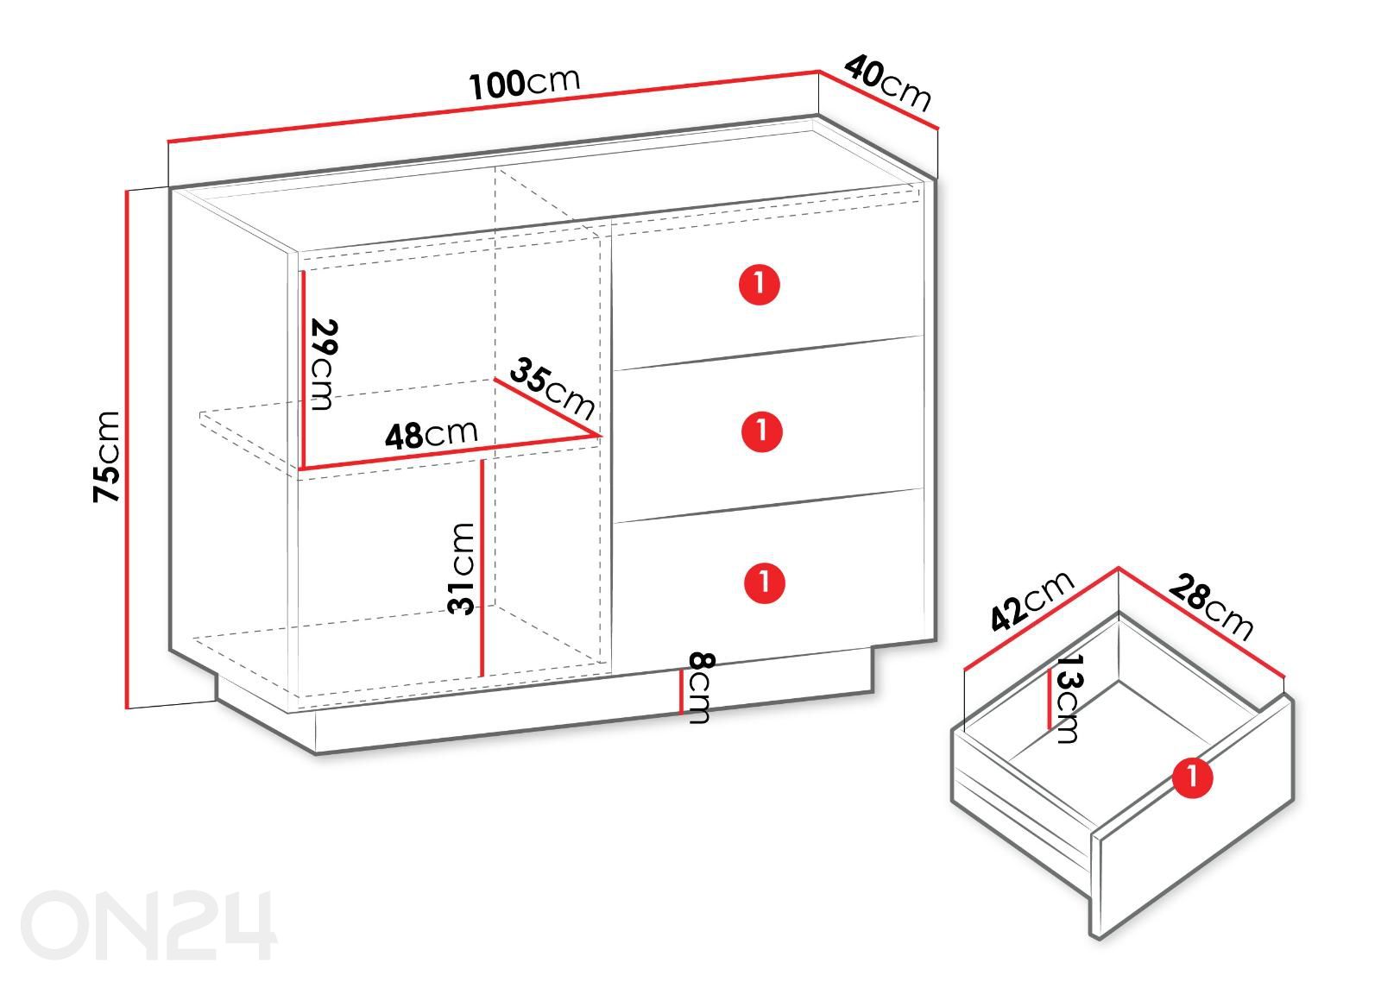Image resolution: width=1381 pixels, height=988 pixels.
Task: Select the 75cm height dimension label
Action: [x=106, y=456]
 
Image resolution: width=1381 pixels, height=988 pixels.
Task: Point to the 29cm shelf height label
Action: [x=323, y=363]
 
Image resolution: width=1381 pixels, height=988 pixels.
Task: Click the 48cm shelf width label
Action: [x=431, y=434]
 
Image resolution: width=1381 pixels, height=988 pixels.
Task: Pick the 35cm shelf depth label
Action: [x=552, y=389]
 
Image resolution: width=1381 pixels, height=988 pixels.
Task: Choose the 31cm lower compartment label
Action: [x=461, y=569]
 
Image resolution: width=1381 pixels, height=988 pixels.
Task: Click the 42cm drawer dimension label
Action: [x=1032, y=601]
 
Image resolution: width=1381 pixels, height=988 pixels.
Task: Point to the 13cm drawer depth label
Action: [x=1069, y=698]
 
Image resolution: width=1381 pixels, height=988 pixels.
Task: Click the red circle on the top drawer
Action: [x=760, y=284]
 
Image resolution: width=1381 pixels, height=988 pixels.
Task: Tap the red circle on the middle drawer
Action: [x=762, y=431]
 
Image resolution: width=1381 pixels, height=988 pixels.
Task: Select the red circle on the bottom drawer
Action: [x=765, y=582]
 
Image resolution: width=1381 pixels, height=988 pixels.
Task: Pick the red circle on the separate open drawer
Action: [x=1192, y=777]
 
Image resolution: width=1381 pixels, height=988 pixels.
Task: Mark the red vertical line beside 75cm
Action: [x=128, y=450]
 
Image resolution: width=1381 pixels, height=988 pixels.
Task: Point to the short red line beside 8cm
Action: [x=681, y=691]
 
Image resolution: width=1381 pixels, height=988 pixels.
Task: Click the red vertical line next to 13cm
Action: [x=1049, y=699]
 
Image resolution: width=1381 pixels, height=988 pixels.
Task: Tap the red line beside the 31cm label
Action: [x=482, y=568]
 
